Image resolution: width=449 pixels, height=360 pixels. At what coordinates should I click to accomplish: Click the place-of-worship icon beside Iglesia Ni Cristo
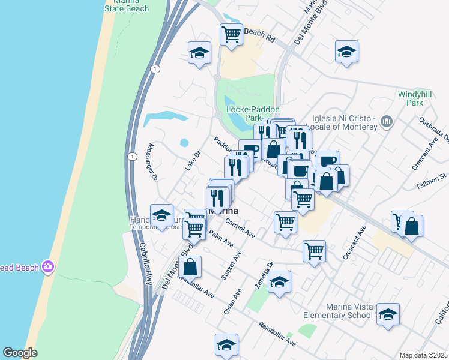(x=387, y=122)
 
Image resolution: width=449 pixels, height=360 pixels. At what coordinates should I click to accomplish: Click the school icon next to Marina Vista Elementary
(x=388, y=314)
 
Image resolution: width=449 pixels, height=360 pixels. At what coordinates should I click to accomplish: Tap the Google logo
(x=20, y=353)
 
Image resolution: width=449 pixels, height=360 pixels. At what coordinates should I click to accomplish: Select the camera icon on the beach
(x=47, y=267)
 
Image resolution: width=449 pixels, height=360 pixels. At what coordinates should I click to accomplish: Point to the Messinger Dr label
(x=151, y=162)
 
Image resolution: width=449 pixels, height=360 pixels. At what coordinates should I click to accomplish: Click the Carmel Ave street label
(x=240, y=229)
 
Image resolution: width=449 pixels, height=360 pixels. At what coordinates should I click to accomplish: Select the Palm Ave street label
(x=221, y=240)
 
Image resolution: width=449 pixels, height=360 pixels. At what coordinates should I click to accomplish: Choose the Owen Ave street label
(x=232, y=302)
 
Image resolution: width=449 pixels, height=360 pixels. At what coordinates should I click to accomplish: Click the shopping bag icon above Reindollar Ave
(x=190, y=266)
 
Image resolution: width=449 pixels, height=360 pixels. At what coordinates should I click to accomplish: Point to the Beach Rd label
(x=259, y=35)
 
